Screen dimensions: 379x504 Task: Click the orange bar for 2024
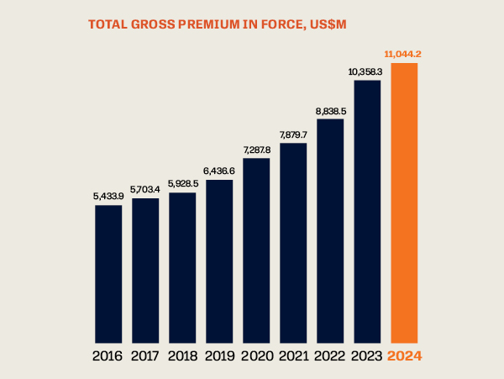[x=404, y=202]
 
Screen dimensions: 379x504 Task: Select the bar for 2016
[x=108, y=272]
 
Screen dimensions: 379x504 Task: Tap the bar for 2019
[x=219, y=260]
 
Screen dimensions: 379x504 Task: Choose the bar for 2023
[x=367, y=210]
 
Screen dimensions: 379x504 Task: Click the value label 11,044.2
[x=402, y=55]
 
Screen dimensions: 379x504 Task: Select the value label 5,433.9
[x=108, y=196]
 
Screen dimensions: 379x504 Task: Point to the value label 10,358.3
[x=366, y=71]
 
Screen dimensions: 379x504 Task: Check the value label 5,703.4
[x=145, y=189]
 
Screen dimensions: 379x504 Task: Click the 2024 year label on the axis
[x=404, y=355]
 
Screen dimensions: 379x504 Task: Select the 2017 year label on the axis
[x=145, y=355]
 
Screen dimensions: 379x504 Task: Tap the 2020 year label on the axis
[x=256, y=355]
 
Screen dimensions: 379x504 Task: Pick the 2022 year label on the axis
[x=330, y=355]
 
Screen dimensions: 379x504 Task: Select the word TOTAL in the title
[x=108, y=24]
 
